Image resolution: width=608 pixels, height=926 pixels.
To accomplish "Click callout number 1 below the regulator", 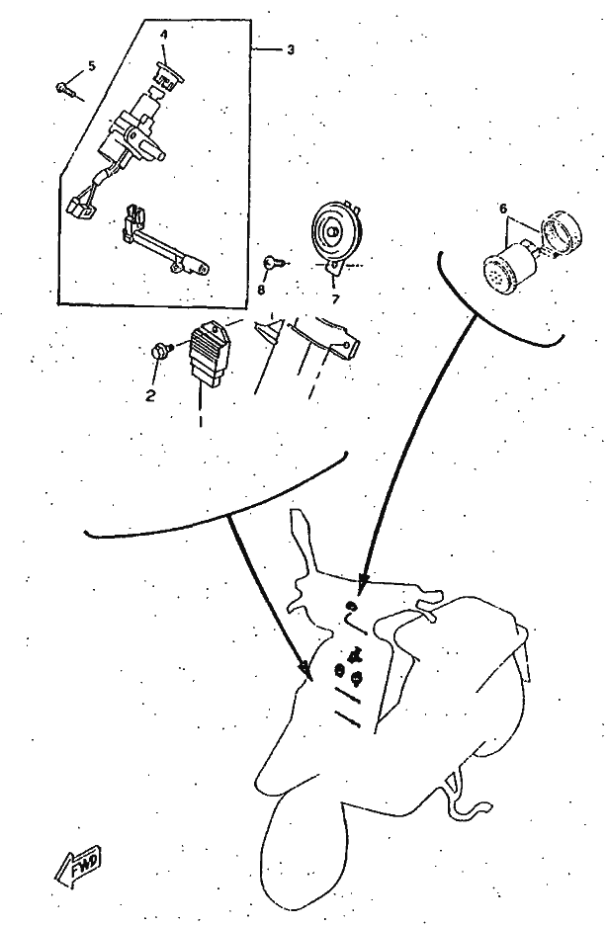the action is pyautogui.click(x=201, y=420).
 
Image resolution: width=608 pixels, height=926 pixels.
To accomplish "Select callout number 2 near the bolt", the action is pyautogui.click(x=150, y=395).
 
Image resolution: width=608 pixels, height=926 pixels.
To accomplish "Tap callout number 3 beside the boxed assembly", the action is pyautogui.click(x=290, y=50).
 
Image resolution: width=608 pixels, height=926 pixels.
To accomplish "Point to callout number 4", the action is pyautogui.click(x=164, y=35).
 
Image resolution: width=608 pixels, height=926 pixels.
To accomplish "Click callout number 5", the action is pyautogui.click(x=92, y=65).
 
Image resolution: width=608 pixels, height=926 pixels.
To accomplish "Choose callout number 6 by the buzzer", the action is pyautogui.click(x=503, y=209).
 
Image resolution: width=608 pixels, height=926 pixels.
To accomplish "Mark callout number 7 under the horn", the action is pyautogui.click(x=335, y=299).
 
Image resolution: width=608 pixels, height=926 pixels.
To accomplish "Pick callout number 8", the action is pyautogui.click(x=261, y=289).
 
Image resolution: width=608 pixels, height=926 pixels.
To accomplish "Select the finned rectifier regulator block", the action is pyautogui.click(x=209, y=356).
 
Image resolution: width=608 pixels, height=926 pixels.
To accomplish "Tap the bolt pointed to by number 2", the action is pyautogui.click(x=161, y=350).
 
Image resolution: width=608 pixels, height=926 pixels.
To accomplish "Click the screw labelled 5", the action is pyautogui.click(x=65, y=89).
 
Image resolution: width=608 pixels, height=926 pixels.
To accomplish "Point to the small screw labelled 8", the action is pyautogui.click(x=274, y=262).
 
